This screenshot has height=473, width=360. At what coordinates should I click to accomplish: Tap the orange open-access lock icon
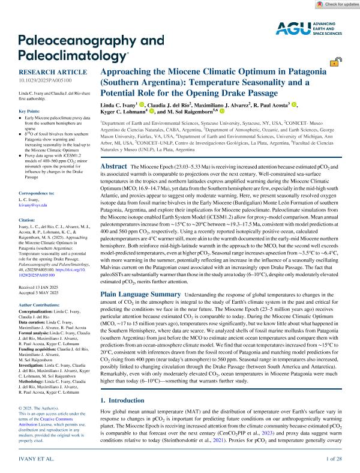[340, 60]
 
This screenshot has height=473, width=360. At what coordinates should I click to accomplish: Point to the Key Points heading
[25, 112]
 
